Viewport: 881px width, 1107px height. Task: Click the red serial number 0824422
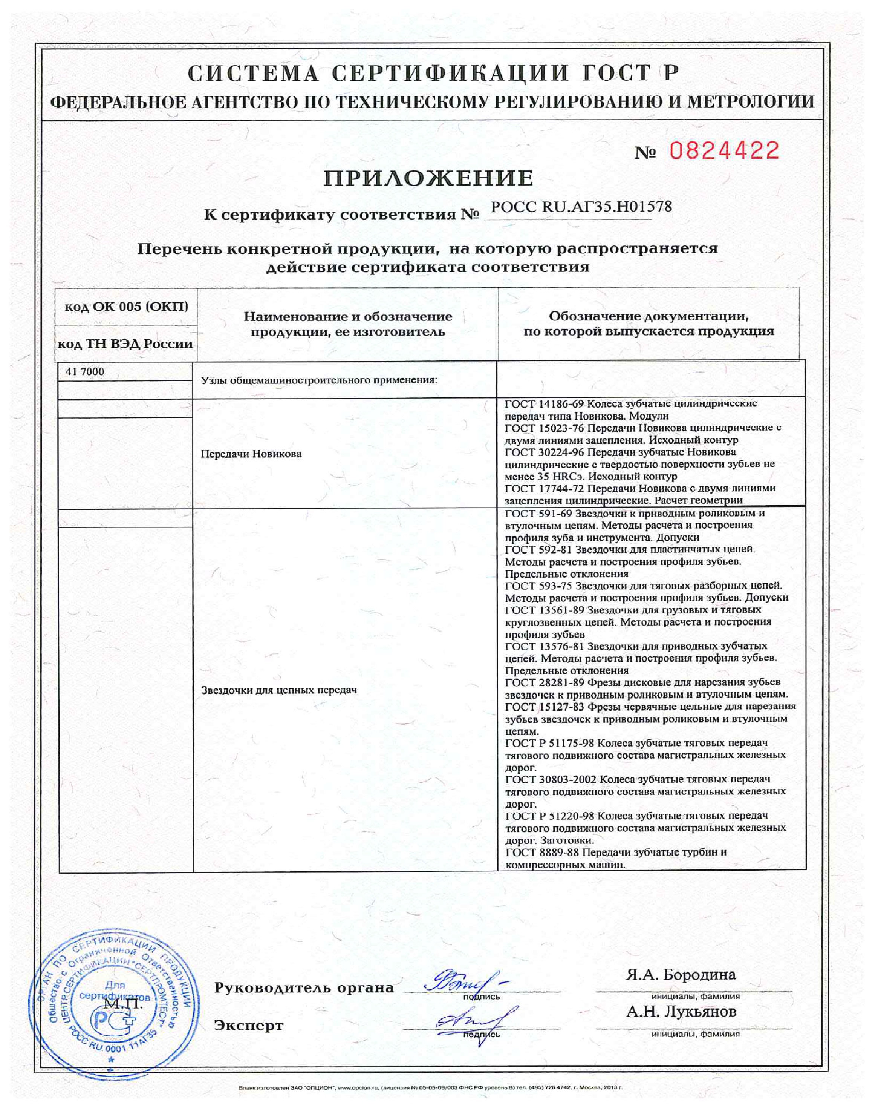724,151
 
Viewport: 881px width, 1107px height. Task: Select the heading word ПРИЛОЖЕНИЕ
428,178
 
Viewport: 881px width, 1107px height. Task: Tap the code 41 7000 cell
85,372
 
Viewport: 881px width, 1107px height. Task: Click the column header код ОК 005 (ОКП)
126,307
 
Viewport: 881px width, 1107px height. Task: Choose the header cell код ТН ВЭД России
125,343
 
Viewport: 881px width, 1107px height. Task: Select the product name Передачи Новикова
251,454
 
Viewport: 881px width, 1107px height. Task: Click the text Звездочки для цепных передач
278,690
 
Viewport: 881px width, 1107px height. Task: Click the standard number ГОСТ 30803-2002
551,779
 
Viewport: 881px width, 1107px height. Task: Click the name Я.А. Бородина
681,975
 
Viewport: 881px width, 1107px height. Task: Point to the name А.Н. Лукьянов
681,1012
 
